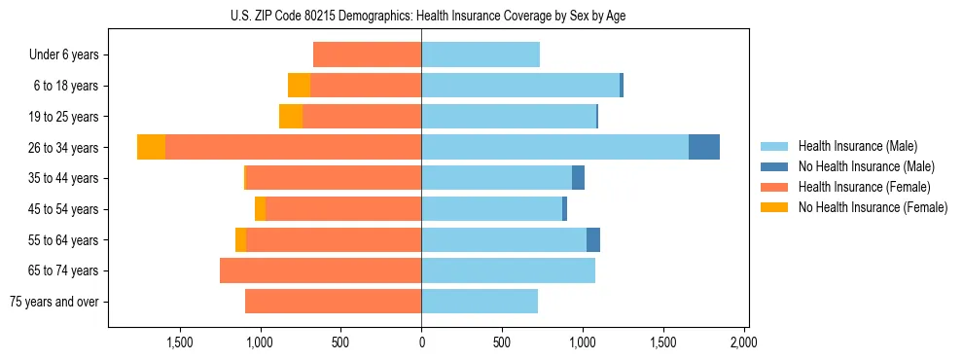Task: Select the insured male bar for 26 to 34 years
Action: (x=554, y=147)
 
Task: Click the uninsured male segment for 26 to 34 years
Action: (x=703, y=147)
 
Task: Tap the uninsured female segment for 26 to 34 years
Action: (x=151, y=147)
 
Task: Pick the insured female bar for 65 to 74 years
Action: (x=320, y=270)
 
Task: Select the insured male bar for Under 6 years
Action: (x=480, y=54)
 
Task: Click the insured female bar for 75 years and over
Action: (x=333, y=302)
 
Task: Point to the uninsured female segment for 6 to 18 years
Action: (x=299, y=86)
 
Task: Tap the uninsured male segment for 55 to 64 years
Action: (x=592, y=239)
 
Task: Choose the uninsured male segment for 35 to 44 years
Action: (x=578, y=178)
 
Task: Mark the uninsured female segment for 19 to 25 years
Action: (x=291, y=117)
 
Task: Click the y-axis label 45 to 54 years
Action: (x=63, y=209)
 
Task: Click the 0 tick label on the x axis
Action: (x=421, y=342)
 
